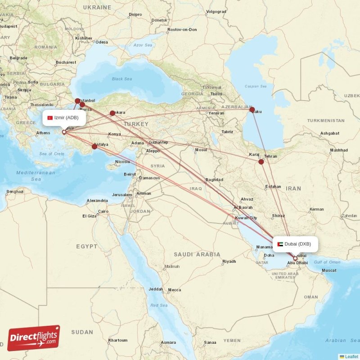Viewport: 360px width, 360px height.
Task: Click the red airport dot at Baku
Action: (252, 109)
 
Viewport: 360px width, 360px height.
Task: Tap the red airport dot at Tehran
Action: (261, 162)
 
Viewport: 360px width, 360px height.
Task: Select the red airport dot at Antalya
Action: (94, 146)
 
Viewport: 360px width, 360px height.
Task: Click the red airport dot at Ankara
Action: (112, 113)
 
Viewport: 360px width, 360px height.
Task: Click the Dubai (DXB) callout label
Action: (295, 244)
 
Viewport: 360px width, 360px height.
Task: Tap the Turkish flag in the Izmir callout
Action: (50, 118)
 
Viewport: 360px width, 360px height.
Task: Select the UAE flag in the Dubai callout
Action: (280, 244)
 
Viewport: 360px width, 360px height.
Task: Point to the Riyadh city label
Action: (229, 261)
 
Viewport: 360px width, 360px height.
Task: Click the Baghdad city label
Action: (214, 180)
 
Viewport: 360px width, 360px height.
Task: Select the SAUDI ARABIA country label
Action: (197, 255)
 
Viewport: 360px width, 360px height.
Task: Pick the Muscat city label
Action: (328, 270)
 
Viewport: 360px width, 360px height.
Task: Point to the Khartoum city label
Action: (117, 340)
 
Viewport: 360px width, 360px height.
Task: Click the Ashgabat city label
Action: (330, 134)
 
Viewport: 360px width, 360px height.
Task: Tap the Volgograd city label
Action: (216, 11)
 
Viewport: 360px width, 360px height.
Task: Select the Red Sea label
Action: (159, 306)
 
